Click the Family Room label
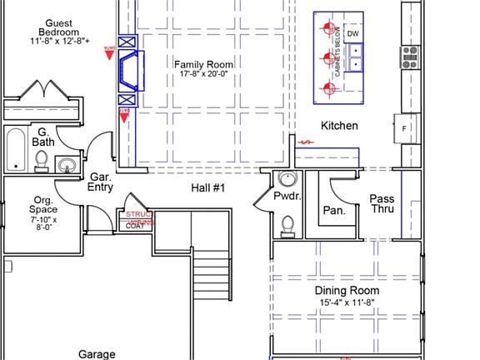point(203,68)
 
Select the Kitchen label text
point(340,126)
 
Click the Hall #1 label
point(207,188)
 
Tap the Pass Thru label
point(382,204)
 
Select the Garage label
point(97,353)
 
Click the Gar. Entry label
point(101,182)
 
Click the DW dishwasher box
point(353,33)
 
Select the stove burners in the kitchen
point(409,57)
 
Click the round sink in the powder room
point(288,178)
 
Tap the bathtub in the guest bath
point(15,150)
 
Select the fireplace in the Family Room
point(132,70)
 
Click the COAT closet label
point(135,226)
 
